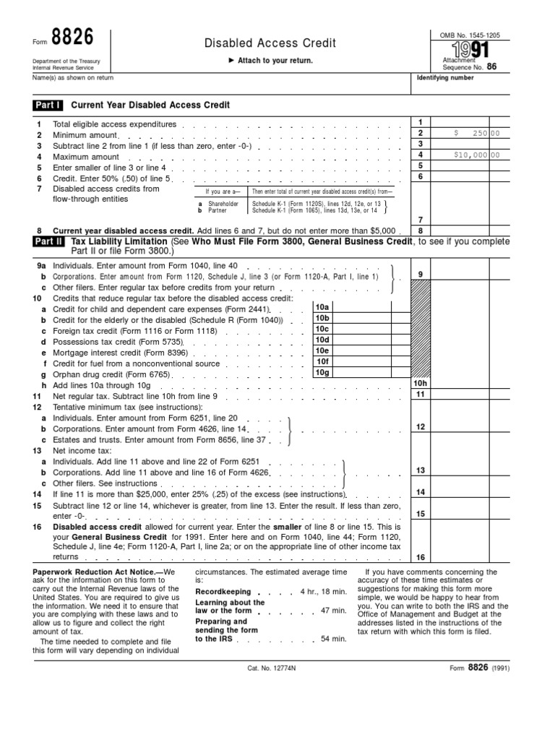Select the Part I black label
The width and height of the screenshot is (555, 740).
coord(48,105)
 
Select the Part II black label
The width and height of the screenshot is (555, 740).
coord(48,241)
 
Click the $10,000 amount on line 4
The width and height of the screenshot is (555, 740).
coord(471,155)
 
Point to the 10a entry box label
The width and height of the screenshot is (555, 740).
coord(322,307)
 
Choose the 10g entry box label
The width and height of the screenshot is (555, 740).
coord(322,372)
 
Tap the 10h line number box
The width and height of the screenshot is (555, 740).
coord(420,384)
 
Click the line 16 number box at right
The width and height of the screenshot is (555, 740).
coord(420,556)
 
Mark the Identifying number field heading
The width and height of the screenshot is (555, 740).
coord(443,77)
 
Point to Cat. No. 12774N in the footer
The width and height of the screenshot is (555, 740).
coord(271,668)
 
